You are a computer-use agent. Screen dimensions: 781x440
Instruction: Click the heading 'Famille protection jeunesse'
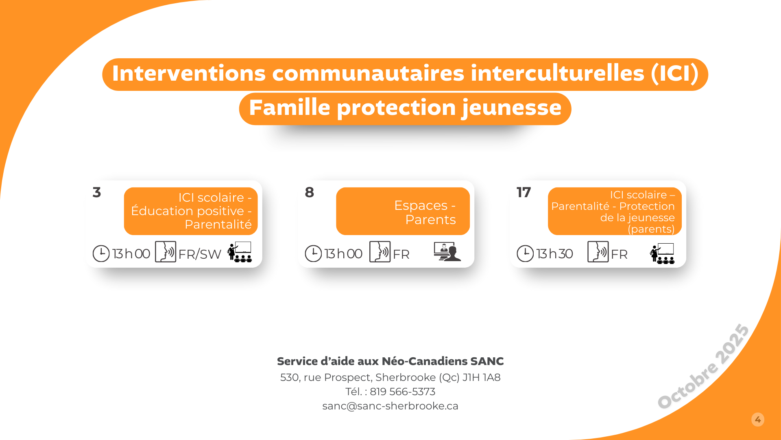pyautogui.click(x=405, y=108)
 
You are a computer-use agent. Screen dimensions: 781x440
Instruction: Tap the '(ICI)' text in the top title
pyautogui.click(x=675, y=73)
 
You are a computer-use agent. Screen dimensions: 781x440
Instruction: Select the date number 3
pyautogui.click(x=97, y=192)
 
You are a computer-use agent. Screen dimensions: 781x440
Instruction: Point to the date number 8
pyautogui.click(x=310, y=192)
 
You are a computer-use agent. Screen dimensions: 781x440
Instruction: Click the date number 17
pyautogui.click(x=524, y=192)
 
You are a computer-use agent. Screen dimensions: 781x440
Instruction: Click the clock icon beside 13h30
pyautogui.click(x=525, y=253)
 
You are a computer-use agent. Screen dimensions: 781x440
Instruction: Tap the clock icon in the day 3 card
pyautogui.click(x=101, y=253)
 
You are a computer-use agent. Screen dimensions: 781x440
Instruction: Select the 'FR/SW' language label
pyautogui.click(x=200, y=254)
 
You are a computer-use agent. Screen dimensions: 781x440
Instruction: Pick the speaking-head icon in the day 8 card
pyautogui.click(x=380, y=251)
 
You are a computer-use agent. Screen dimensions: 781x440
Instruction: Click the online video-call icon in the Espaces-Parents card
pyautogui.click(x=447, y=251)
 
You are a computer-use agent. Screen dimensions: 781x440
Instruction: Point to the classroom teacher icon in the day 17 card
pyautogui.click(x=662, y=253)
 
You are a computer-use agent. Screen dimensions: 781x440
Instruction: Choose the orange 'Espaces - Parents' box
pyautogui.click(x=403, y=211)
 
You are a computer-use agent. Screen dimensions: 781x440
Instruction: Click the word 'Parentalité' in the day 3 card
pyautogui.click(x=218, y=224)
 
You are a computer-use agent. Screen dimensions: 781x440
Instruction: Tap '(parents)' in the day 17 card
pyautogui.click(x=651, y=229)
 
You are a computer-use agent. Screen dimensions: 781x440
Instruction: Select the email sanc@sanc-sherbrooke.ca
pyautogui.click(x=390, y=406)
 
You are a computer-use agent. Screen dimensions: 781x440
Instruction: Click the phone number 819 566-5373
pyautogui.click(x=402, y=392)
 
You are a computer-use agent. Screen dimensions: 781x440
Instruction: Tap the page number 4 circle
pyautogui.click(x=758, y=420)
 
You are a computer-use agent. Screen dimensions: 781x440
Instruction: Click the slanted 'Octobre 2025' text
pyautogui.click(x=703, y=366)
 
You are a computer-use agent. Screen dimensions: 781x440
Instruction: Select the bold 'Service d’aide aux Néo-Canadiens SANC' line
pyautogui.click(x=390, y=361)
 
